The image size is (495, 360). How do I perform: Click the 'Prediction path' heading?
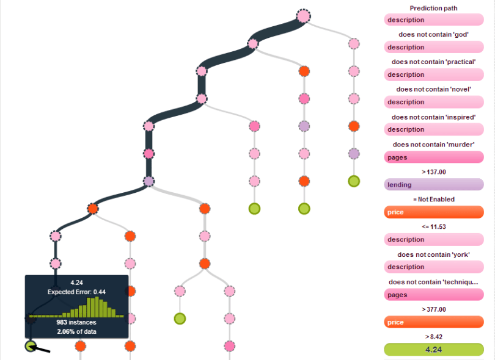pos(433,8)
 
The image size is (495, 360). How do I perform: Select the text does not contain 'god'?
pos(433,34)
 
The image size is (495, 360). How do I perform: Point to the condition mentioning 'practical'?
pos(433,62)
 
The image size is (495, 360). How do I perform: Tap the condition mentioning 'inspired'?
pos(433,117)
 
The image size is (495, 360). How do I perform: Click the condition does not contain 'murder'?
pos(433,144)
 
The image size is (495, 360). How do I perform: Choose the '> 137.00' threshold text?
pos(433,172)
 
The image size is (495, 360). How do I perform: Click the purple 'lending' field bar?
pos(433,184)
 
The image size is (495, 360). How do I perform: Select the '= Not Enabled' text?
pos(433,199)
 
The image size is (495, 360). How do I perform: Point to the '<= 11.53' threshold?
pos(433,226)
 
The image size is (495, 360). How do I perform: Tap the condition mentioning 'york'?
pos(433,254)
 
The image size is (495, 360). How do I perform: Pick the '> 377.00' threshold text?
pos(433,309)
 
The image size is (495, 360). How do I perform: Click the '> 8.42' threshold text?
pos(433,336)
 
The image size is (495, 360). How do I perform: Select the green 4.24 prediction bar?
pos(433,350)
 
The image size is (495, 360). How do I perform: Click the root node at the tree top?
pos(303,16)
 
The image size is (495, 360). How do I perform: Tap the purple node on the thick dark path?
pos(148,181)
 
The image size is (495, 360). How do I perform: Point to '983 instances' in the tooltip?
pos(76,322)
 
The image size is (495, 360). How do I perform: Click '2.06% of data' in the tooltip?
pos(76,331)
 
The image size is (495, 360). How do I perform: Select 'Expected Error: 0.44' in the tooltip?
pos(76,292)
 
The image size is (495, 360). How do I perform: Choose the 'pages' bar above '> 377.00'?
pos(433,295)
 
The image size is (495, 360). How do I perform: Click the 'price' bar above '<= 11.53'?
pos(433,212)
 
